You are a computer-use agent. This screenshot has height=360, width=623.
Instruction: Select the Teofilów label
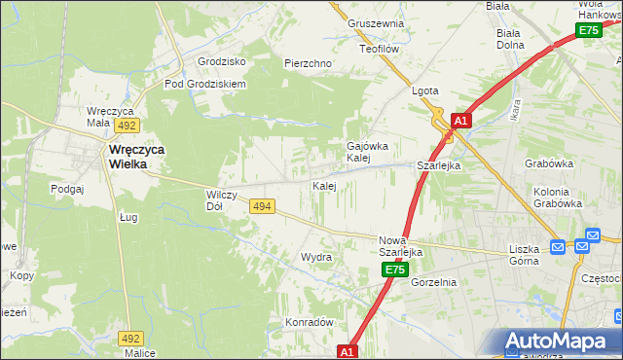(380, 48)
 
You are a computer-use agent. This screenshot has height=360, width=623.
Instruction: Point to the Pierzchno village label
(308, 63)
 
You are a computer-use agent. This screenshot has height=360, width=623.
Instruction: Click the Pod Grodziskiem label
(204, 84)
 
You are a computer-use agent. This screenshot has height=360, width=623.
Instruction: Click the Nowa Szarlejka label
(400, 245)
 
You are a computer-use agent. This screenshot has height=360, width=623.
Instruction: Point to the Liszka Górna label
(531, 255)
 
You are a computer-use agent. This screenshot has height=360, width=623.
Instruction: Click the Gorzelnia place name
(433, 282)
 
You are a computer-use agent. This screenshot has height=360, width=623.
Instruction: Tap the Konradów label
(309, 322)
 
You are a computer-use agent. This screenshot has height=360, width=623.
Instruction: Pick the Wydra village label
(315, 258)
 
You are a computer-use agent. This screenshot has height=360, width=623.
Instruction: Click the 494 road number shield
(261, 206)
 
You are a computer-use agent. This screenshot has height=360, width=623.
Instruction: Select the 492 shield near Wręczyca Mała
(126, 126)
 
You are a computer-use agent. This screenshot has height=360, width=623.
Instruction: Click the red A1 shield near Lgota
(461, 121)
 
